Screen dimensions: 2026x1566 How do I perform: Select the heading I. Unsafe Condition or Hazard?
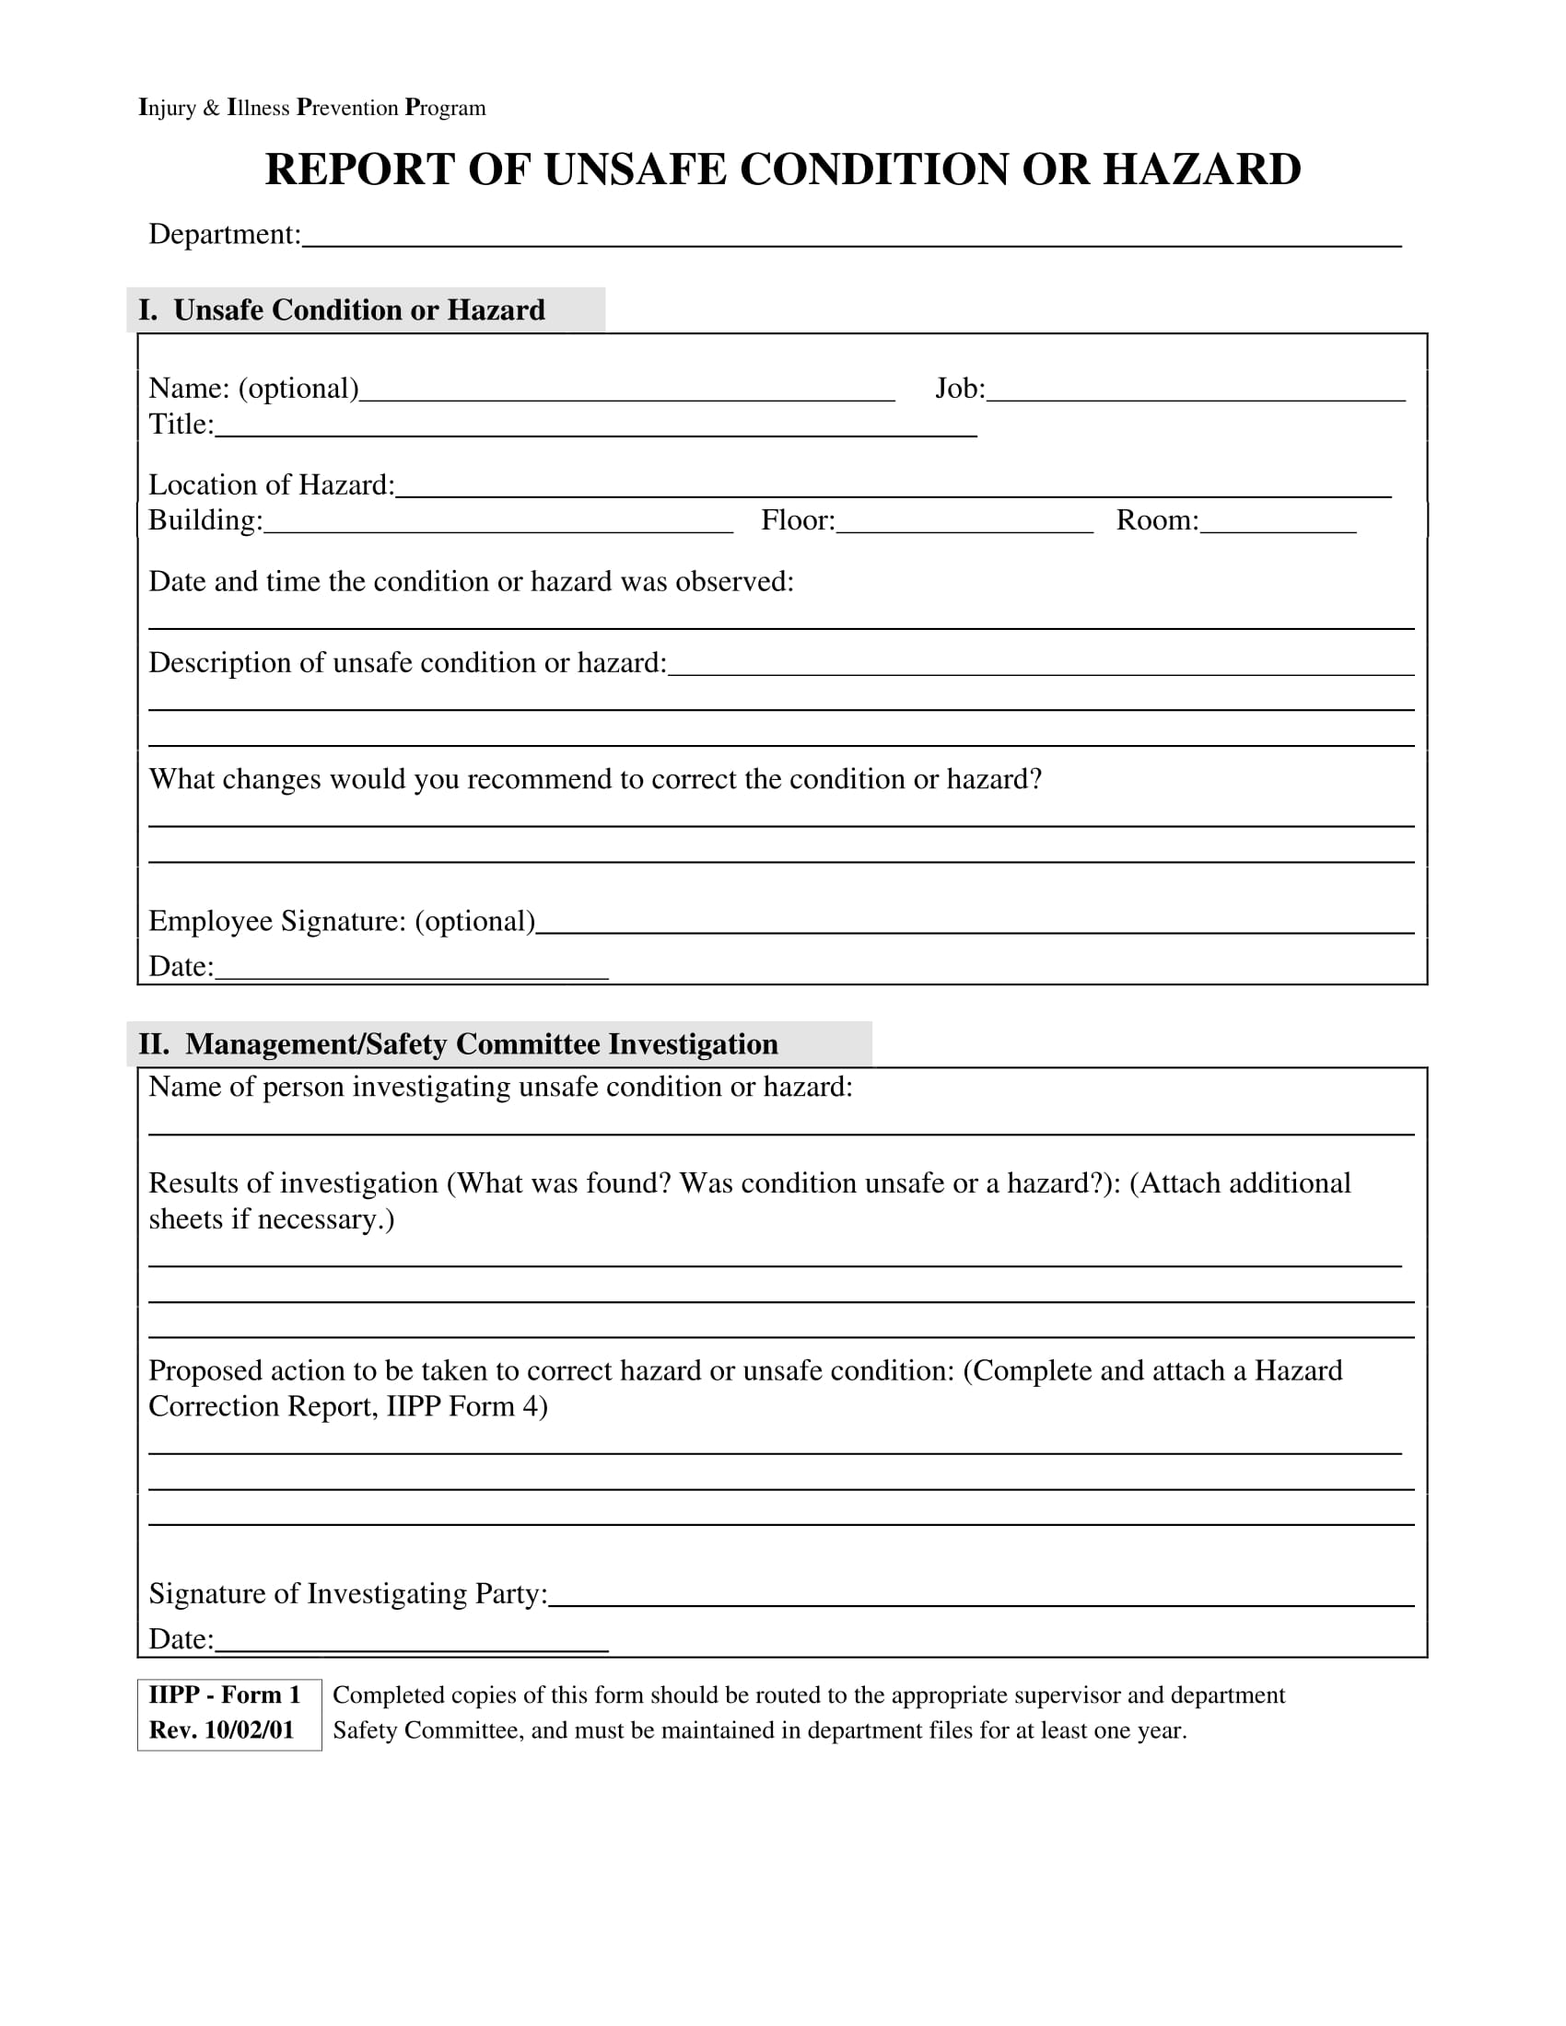click(x=342, y=309)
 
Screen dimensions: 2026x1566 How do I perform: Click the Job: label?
click(x=959, y=388)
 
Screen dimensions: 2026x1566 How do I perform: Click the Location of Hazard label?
click(x=271, y=485)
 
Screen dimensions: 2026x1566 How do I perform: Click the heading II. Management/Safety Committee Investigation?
click(x=459, y=1044)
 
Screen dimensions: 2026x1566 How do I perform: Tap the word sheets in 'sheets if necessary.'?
click(x=185, y=1219)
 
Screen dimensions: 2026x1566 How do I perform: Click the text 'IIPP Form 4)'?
click(x=467, y=1406)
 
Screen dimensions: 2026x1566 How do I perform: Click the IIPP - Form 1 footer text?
click(x=225, y=1694)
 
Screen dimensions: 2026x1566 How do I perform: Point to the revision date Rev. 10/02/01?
click(x=221, y=1730)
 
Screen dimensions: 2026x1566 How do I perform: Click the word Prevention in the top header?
click(x=347, y=108)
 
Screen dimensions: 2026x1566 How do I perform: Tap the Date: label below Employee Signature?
click(x=181, y=967)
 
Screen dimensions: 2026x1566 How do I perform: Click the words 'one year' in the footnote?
click(x=1138, y=1730)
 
